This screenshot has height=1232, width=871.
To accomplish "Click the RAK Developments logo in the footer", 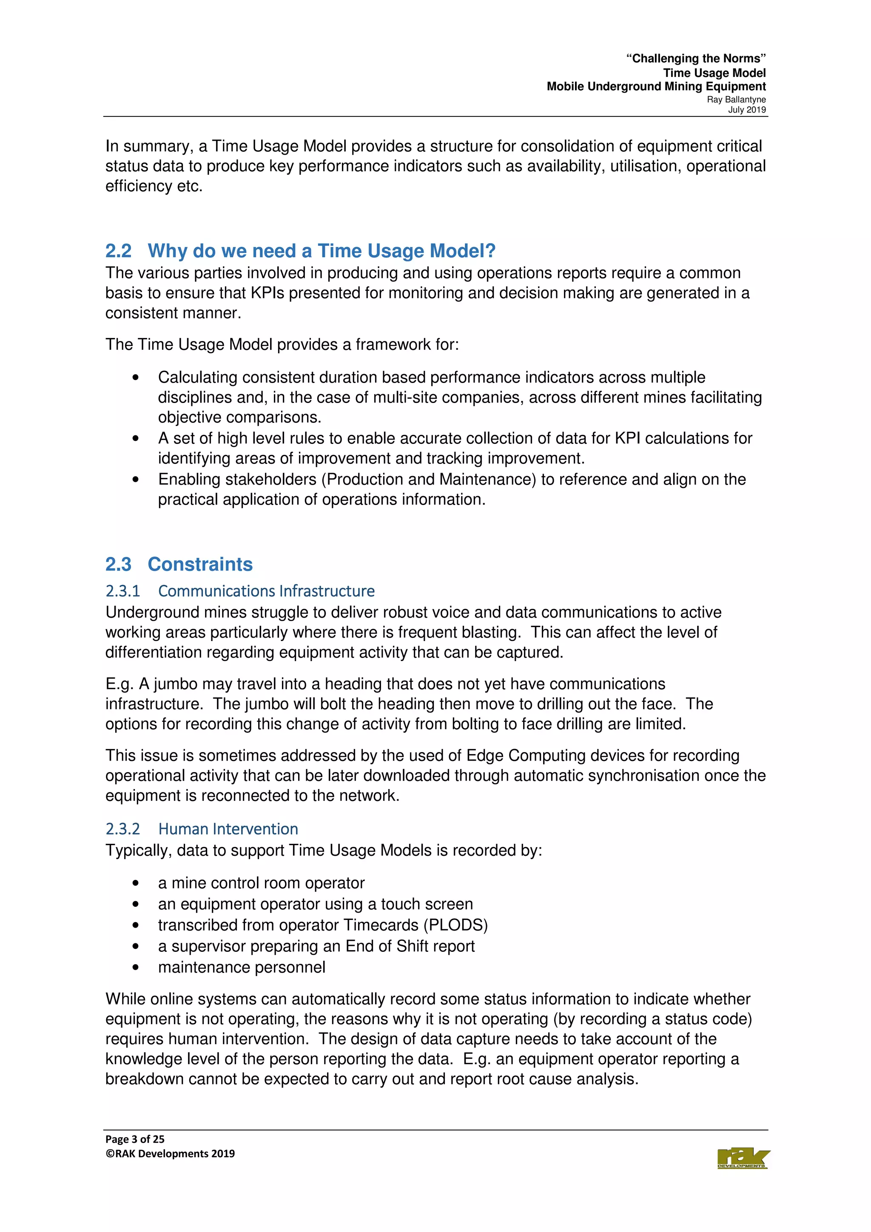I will point(743,1158).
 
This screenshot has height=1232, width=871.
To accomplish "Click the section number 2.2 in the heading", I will point(119,251).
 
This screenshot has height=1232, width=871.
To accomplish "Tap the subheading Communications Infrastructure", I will point(266,591).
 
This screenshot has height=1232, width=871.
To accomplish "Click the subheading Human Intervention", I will point(228,829).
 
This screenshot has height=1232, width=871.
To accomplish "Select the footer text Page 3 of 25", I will point(135,1139).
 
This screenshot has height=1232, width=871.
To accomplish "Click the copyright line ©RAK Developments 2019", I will point(170,1154).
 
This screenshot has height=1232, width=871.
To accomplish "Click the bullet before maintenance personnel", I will point(136,968).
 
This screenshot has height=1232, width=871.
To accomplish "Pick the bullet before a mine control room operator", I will point(136,883).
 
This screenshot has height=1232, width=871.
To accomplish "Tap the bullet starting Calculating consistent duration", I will point(136,378).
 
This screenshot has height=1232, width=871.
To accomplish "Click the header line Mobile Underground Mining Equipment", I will point(656,87).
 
